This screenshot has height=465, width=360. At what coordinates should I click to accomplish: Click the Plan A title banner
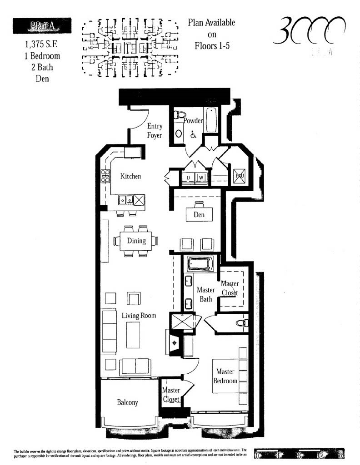coord(42,25)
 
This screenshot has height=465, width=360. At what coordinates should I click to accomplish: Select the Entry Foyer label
coord(155,131)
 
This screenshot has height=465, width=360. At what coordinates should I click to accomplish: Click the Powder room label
coord(193,120)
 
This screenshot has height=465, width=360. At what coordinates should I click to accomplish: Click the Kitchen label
coord(130,176)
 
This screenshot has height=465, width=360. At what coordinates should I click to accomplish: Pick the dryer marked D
coord(188,177)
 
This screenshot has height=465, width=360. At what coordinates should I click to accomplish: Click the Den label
coord(199,214)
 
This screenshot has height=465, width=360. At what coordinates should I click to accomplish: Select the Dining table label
coord(136,241)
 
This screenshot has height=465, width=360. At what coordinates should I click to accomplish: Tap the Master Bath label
coord(205,294)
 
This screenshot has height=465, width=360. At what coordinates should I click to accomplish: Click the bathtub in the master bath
coord(200,264)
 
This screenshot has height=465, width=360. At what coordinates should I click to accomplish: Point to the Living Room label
coord(139,315)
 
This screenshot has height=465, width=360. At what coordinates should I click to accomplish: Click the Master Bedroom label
coord(225,376)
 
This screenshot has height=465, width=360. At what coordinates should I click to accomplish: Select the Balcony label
coord(127,402)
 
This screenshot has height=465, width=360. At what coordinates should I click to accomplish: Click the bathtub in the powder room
coord(210,120)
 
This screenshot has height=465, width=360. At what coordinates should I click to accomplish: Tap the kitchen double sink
coord(126,199)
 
